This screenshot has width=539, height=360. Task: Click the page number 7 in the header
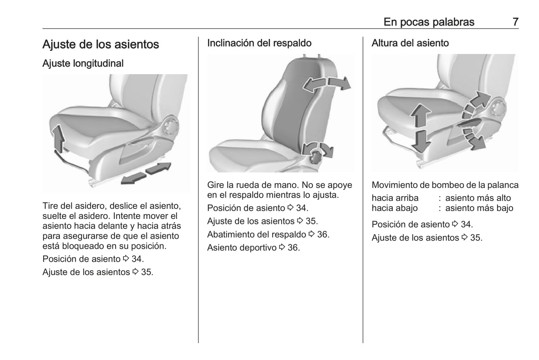pos(515,22)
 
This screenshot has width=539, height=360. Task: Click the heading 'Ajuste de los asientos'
pos(101,44)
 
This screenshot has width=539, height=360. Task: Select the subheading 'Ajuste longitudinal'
pos(83,63)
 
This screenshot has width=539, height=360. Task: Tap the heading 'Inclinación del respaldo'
pos(259,43)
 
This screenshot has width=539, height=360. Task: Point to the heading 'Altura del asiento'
pos(410,43)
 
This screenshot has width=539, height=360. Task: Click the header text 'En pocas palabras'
pos(429,22)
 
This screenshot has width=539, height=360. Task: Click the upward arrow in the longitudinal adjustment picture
pos(58,139)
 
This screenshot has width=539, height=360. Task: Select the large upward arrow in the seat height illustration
pos(421,115)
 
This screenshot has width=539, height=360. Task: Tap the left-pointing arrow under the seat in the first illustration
pos(134,179)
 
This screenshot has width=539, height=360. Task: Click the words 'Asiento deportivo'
pos(242,248)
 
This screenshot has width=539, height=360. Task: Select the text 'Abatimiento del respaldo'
pos(256,234)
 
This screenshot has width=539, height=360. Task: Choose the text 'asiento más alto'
pos(478,198)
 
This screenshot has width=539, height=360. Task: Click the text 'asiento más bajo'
pos(479,208)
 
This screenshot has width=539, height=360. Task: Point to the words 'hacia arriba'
pos(395,198)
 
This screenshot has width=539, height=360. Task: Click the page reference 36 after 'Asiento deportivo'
pos(293,248)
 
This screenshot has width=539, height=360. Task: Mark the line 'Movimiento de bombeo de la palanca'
pos(445,185)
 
